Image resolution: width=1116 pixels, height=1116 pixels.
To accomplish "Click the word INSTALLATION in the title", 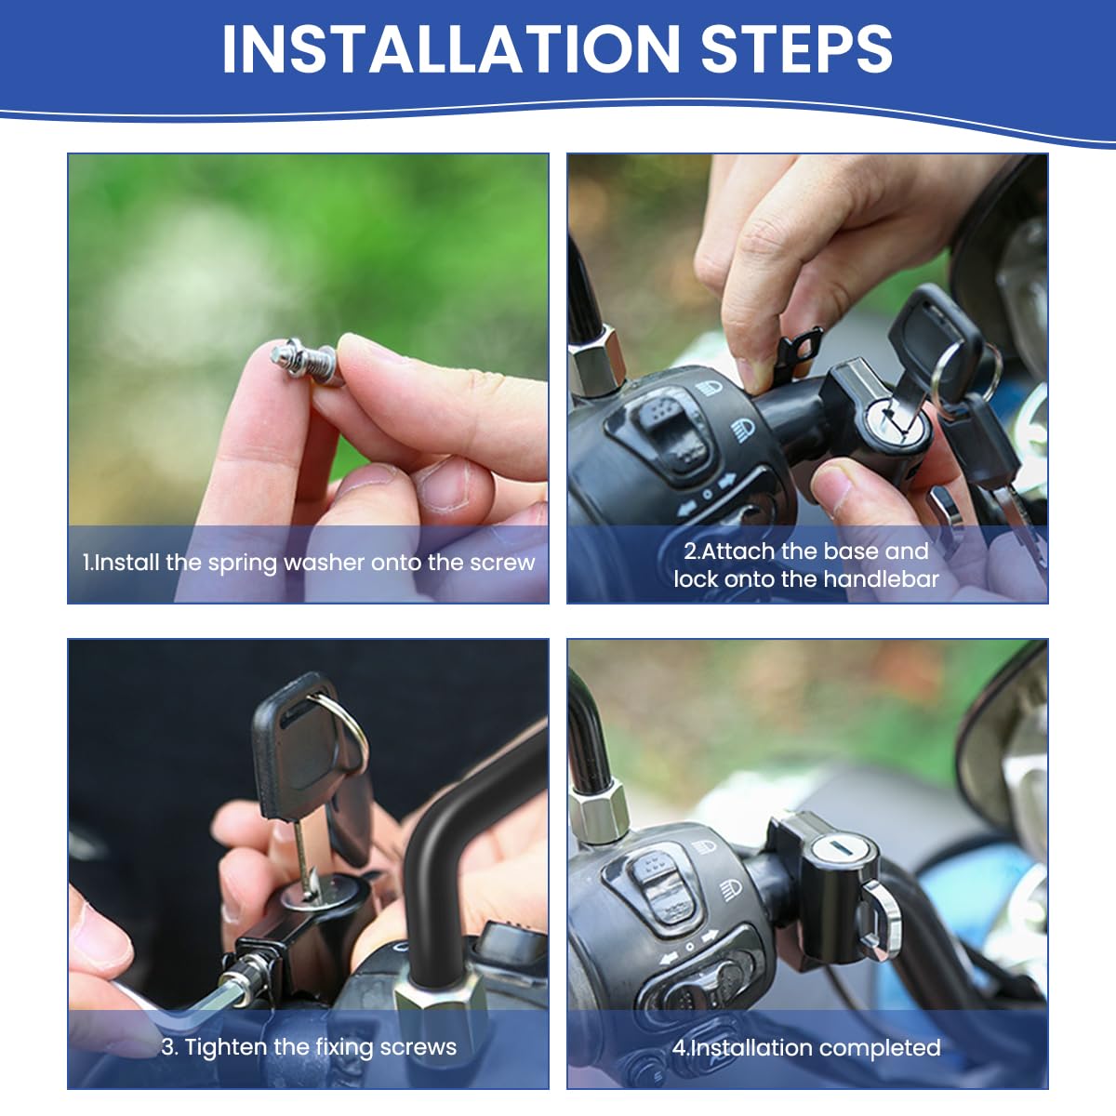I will [x=451, y=48].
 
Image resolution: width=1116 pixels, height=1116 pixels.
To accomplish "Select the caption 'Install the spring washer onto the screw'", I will [x=309, y=563].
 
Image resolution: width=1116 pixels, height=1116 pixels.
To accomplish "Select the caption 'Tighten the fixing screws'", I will [x=309, y=1047].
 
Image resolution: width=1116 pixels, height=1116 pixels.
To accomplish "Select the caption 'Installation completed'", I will [x=806, y=1048].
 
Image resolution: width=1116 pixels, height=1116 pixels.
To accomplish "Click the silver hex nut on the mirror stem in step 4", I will [x=595, y=809].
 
